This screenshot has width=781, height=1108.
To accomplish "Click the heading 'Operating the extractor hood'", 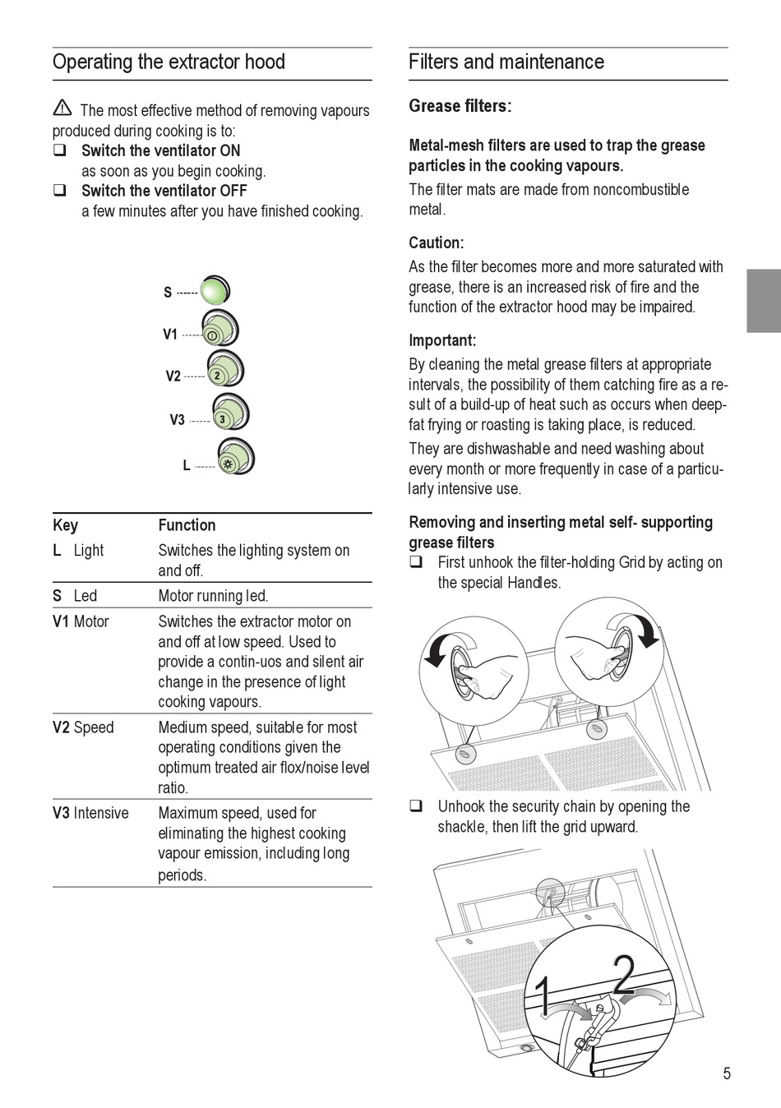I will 169,62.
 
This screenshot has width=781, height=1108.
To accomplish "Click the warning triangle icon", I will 62,108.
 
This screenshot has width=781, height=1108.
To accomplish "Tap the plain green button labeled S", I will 215,291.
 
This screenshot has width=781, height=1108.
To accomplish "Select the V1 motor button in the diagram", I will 220,330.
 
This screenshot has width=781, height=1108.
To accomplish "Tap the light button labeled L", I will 235,459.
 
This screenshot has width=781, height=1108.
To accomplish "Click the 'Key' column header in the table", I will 66,525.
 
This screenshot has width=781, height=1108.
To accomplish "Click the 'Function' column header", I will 187,525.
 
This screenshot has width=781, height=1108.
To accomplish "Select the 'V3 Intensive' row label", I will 90,813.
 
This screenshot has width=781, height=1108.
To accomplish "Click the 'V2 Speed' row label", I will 83,727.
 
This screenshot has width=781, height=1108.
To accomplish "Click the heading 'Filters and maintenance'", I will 506,62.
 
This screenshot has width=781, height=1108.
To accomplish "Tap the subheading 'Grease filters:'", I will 460,106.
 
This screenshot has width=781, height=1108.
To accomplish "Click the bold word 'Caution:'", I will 437,242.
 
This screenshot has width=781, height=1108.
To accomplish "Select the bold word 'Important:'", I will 442,340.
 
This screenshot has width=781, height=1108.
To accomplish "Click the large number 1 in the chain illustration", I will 543,996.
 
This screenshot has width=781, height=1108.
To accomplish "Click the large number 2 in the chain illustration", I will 624,976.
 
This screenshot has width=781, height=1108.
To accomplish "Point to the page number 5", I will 726,1073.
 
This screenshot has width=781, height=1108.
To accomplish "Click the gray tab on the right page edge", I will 764,301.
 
